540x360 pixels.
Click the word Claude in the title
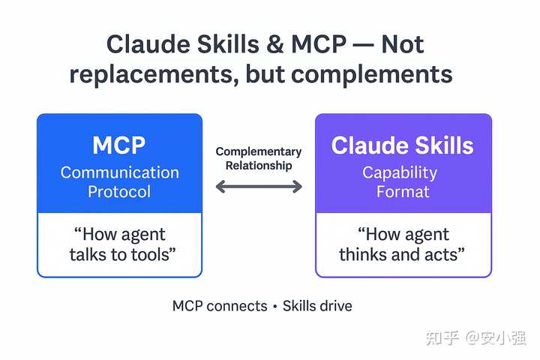146,45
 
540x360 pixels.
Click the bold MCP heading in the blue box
119,145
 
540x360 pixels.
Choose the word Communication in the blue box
119,172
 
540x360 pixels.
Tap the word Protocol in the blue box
119,191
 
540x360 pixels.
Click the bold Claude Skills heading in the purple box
403,145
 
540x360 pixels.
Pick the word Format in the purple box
403,191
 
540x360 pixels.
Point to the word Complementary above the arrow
259,152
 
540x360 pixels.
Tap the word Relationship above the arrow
259,165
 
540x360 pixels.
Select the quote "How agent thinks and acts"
403,244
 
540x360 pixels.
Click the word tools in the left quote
152,254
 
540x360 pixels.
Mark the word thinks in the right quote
364,254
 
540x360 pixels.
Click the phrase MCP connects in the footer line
220,306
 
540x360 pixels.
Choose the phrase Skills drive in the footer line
317,306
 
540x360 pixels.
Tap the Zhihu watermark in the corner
475,337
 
